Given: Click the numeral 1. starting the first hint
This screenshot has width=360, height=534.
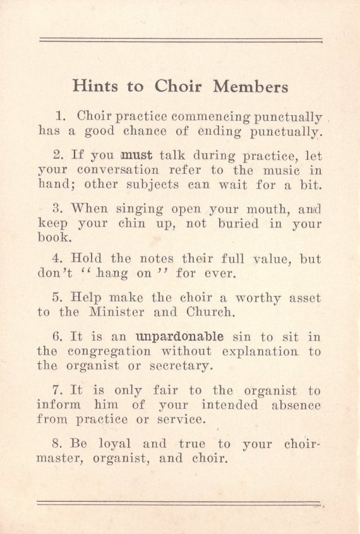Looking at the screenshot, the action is (x=61, y=116).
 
